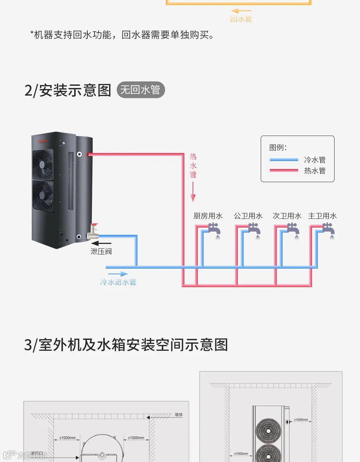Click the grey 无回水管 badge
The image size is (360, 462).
click(140, 90)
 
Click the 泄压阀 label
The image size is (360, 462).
click(101, 251)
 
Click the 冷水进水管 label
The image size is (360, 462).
click(118, 282)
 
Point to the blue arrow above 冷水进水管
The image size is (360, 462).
click(118, 274)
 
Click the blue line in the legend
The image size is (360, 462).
click(284, 160)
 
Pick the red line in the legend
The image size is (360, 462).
click(284, 170)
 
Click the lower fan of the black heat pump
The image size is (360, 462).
click(43, 195)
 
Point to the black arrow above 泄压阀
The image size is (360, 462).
click(104, 243)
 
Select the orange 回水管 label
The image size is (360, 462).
click(241, 19)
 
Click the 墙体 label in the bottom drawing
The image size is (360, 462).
click(179, 414)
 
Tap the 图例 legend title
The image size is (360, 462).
click(278, 147)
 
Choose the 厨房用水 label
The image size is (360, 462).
click(208, 216)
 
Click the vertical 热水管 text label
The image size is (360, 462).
click(193, 166)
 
